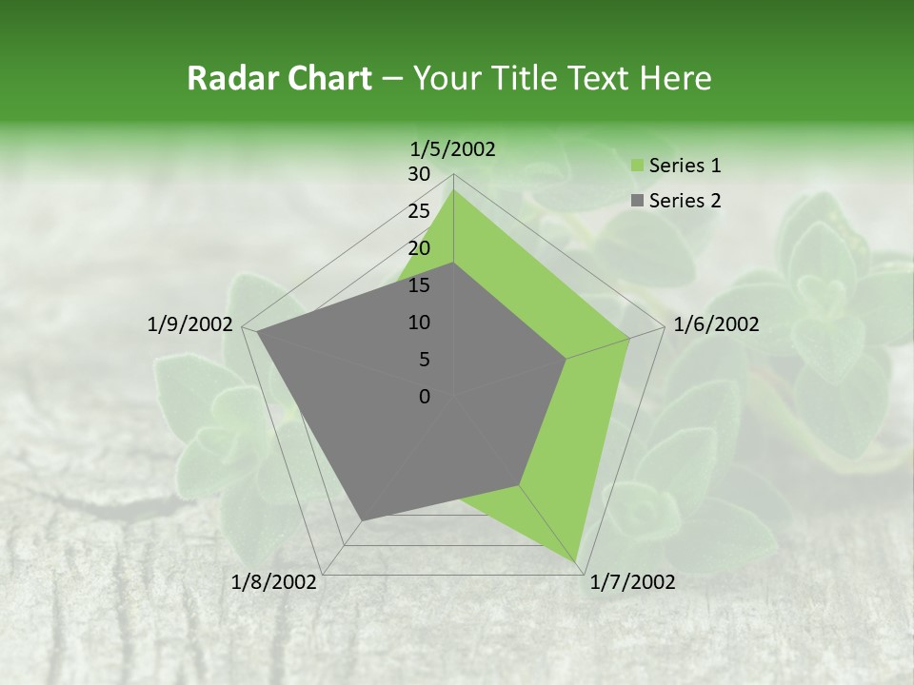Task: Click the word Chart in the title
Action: tap(329, 78)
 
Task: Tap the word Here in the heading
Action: tap(675, 78)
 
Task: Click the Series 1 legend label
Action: tap(685, 166)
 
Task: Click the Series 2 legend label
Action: tap(685, 201)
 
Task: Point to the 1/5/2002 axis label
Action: tap(453, 149)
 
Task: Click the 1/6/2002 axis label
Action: tap(716, 324)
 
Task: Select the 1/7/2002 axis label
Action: tap(633, 582)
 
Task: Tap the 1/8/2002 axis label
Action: tap(274, 582)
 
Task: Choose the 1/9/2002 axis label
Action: tap(190, 324)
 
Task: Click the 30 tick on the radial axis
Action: tap(419, 174)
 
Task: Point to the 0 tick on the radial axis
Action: tap(425, 397)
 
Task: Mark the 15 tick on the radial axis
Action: tap(419, 285)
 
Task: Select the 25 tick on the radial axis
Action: tap(419, 211)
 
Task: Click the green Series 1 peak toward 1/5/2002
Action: tap(453, 189)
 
